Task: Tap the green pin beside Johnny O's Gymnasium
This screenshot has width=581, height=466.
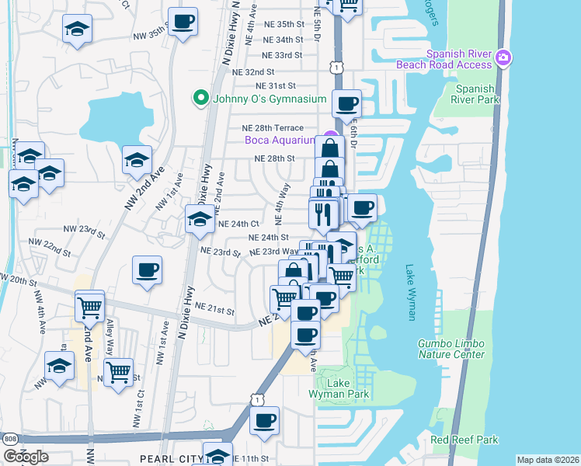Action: [200, 98]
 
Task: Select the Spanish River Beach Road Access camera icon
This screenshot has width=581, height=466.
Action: [503, 57]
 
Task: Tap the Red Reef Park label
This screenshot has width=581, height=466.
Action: [464, 440]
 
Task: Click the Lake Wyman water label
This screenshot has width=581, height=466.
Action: [411, 292]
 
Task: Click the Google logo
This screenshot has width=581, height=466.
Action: [26, 456]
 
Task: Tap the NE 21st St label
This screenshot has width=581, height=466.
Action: [214, 311]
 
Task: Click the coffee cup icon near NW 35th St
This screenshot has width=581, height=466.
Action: [183, 22]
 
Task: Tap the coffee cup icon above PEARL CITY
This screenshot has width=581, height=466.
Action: [264, 421]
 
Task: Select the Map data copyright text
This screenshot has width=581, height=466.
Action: [548, 460]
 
